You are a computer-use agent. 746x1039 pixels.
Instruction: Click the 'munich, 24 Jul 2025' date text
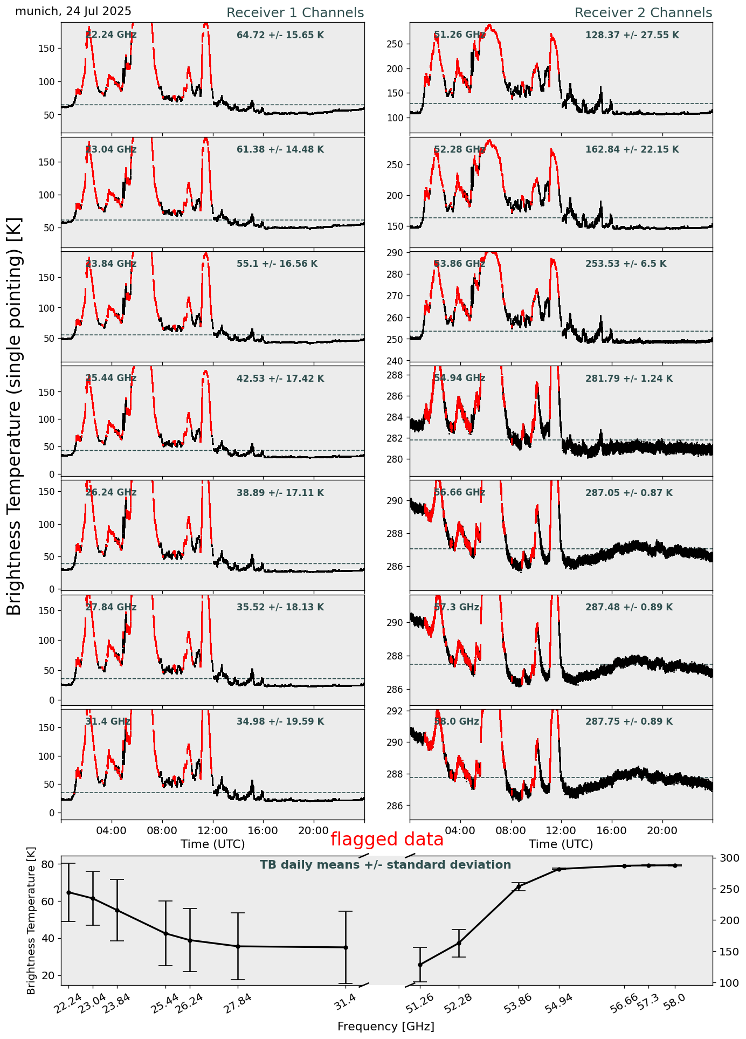point(73,11)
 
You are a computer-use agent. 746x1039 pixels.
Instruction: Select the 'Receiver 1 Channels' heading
point(295,13)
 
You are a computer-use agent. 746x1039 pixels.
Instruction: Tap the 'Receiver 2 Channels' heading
point(643,13)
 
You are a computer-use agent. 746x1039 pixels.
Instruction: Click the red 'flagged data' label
point(387,840)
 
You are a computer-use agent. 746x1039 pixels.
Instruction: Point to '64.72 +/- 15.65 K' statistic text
point(280,36)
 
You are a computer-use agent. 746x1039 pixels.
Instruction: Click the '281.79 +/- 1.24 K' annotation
point(629,379)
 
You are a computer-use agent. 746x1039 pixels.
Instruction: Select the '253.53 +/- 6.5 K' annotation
point(626,264)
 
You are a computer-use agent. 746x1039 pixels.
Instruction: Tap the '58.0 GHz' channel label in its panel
point(456,721)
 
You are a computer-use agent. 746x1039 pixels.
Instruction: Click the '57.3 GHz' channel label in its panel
point(456,607)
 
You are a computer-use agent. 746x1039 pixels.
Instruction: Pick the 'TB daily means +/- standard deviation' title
point(385,865)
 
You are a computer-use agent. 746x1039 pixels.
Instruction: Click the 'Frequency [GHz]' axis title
point(385,1026)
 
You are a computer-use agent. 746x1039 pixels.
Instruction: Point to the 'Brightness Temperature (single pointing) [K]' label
point(15,416)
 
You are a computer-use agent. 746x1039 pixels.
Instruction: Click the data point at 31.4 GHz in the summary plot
point(346,947)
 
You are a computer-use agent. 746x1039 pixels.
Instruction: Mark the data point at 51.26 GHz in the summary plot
point(420,965)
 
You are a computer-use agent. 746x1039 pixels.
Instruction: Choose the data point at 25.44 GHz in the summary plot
point(165,933)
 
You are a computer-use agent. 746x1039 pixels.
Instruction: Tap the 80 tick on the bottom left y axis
point(48,864)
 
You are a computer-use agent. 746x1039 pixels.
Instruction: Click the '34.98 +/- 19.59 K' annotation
point(280,721)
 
